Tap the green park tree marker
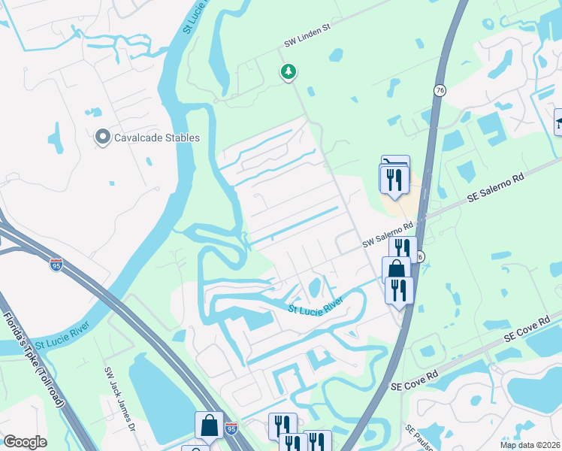tap(288, 71)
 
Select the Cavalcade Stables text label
tap(157, 138)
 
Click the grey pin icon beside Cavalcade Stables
tap(103, 138)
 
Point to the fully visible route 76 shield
tap(440, 90)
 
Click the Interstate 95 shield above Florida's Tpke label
tap(56, 264)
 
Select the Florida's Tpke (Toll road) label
tap(35, 360)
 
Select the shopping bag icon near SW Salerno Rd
tap(395, 269)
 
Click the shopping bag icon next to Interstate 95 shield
tap(209, 425)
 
